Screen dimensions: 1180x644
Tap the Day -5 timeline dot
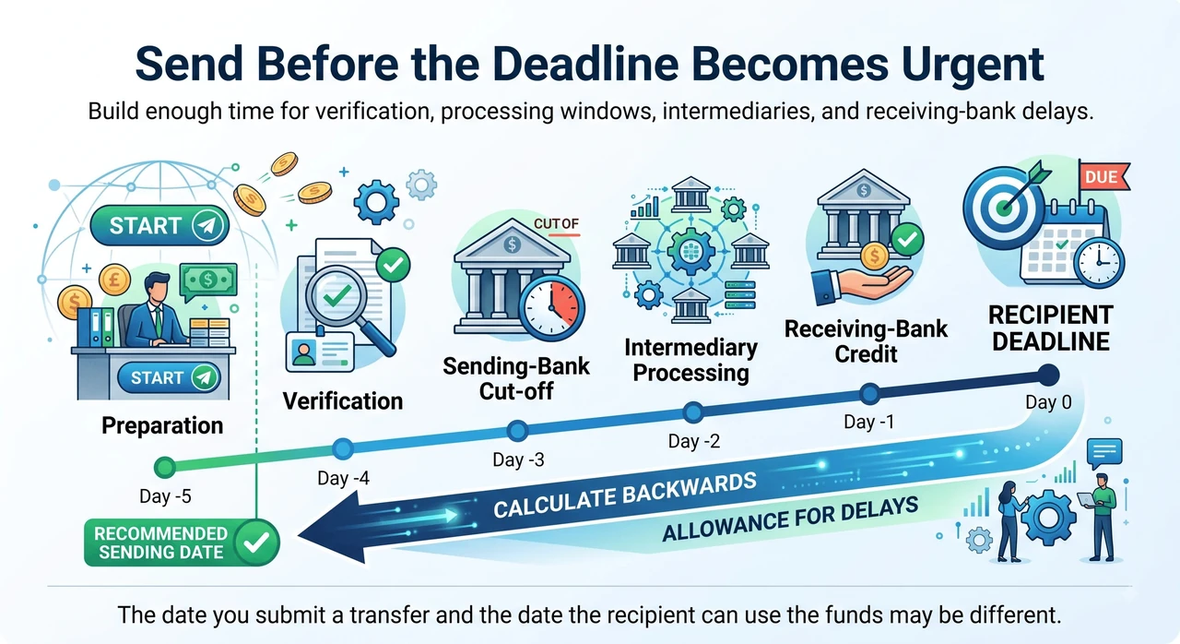[x=165, y=467]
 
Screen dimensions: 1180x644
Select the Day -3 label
[x=518, y=459]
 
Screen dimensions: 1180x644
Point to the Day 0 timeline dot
[x=1048, y=376]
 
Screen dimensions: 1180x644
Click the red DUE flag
[x=1103, y=176]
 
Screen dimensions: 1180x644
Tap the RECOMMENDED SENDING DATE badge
[x=182, y=543]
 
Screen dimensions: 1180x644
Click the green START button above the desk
[x=159, y=225]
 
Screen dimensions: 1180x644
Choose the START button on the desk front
[x=169, y=377]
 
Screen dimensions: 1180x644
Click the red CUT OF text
[x=556, y=224]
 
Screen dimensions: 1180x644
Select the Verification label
[x=343, y=401]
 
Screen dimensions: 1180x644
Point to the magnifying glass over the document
[x=345, y=305]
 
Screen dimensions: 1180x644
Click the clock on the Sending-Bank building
[x=551, y=308]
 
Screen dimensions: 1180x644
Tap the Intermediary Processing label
[x=691, y=360]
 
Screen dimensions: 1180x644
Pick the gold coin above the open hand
[x=875, y=256]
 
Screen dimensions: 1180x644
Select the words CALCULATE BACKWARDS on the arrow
[x=625, y=495]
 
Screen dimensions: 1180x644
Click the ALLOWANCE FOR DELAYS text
[x=790, y=519]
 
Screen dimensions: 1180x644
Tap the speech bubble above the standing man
[x=1104, y=453]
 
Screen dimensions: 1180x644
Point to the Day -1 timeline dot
[x=869, y=394]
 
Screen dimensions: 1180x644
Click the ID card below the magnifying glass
[x=319, y=352]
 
